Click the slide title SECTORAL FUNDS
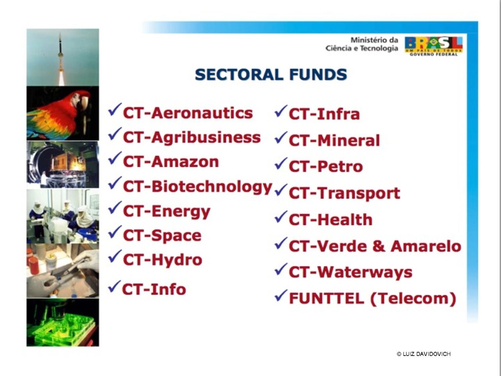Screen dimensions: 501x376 coord(271,74)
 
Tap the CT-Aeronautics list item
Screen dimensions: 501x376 coord(188,113)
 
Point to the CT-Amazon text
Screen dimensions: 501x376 coord(171,162)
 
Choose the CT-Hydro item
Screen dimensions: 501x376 coord(162,260)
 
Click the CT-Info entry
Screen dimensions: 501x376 coord(154,289)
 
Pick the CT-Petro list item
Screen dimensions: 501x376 coord(326,166)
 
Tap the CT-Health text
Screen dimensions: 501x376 coord(331,220)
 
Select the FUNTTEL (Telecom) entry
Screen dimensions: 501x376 coord(372,298)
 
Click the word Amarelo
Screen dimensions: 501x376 coord(426,246)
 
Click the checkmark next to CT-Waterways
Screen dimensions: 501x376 coord(281,269)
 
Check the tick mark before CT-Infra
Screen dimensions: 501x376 coord(281,111)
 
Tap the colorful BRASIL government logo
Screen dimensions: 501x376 coord(433,46)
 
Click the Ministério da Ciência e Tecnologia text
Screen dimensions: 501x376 coord(362,44)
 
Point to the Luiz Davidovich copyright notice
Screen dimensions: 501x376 coord(424,354)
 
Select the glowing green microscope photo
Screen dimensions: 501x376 coord(63,323)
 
